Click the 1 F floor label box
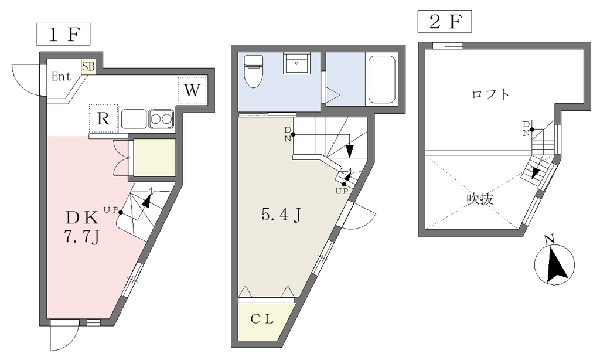tap(63, 35)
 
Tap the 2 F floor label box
tap(444, 22)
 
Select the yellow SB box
tap(88, 67)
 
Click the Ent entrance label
tap(61, 76)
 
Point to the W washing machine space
tap(192, 90)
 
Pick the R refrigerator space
tap(103, 118)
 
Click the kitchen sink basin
tap(134, 119)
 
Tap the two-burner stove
tap(161, 118)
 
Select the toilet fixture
tap(253, 71)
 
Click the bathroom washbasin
tap(296, 63)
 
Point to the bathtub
tap(381, 80)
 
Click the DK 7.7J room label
tap(82, 227)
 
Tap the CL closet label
tap(262, 319)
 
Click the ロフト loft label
tap(490, 94)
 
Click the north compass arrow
tap(557, 265)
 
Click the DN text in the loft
tap(527, 128)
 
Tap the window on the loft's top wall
tap(448, 46)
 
